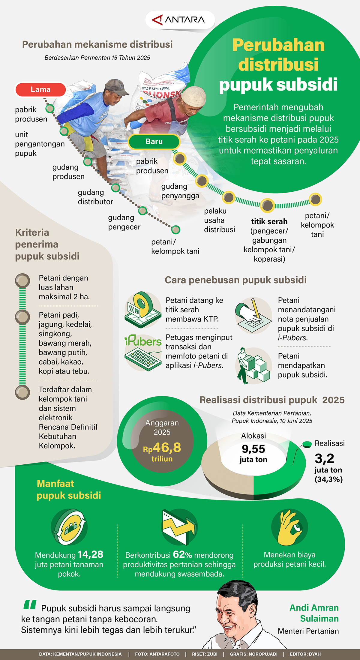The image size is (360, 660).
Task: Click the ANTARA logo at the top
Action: tap(180, 20)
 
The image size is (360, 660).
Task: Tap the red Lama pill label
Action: tap(40, 89)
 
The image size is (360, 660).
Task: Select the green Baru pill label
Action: tap(154, 142)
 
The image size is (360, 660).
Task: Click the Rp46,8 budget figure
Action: tap(162, 448)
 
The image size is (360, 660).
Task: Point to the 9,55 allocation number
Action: tap(253, 449)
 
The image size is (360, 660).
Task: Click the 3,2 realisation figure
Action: tap(324, 458)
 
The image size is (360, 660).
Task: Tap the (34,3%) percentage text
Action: tap(328, 479)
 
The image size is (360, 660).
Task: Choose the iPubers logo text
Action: tap(143, 341)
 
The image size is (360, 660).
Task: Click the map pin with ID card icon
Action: tap(143, 310)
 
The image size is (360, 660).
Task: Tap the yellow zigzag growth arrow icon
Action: tap(179, 527)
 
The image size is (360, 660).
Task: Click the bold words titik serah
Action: tap(269, 221)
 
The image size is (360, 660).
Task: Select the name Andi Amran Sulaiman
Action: tap(314, 613)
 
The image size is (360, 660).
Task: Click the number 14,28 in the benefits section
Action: tap(90, 554)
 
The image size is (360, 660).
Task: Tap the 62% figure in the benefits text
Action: tap(182, 554)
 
